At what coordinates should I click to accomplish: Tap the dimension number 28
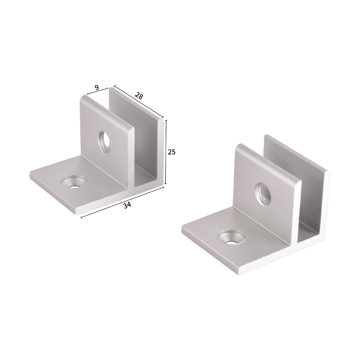[139, 95]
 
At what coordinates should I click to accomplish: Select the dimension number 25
[171, 152]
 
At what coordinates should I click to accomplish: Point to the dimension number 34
[127, 205]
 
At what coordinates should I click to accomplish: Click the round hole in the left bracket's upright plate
[105, 140]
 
